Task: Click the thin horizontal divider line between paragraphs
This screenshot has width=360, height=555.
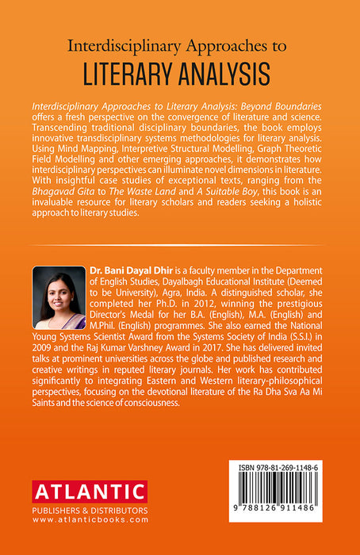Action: (x=180, y=245)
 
